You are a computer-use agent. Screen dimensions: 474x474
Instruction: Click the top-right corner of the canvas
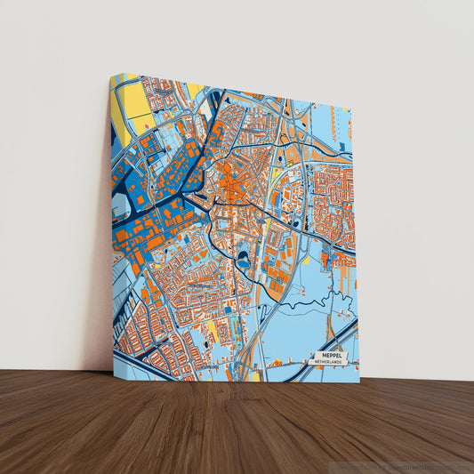pos(352,108)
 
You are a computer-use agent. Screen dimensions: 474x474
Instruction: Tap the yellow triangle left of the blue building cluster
pos(306,261)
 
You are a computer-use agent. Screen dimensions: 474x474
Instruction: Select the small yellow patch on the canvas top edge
pos(194,89)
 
